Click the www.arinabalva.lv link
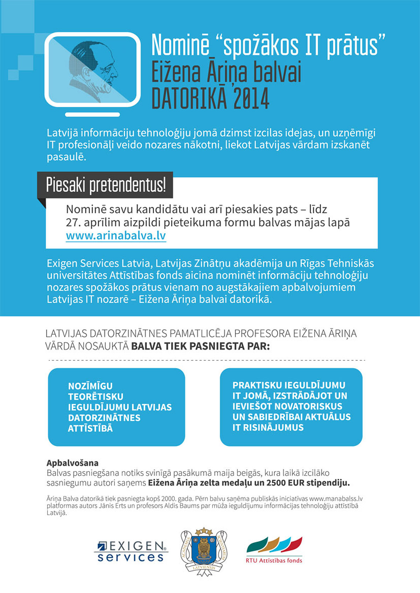116,236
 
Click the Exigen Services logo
131,551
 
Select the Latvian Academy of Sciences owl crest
204,551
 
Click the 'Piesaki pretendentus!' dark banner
105,185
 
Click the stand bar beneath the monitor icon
92,115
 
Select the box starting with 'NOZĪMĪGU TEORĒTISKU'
116,407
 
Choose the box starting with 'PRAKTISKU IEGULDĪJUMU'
291,407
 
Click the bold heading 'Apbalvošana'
72,463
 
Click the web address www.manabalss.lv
336,499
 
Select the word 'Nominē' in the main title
180,45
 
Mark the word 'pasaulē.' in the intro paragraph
66,157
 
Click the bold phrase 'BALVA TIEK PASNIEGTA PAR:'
201,346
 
